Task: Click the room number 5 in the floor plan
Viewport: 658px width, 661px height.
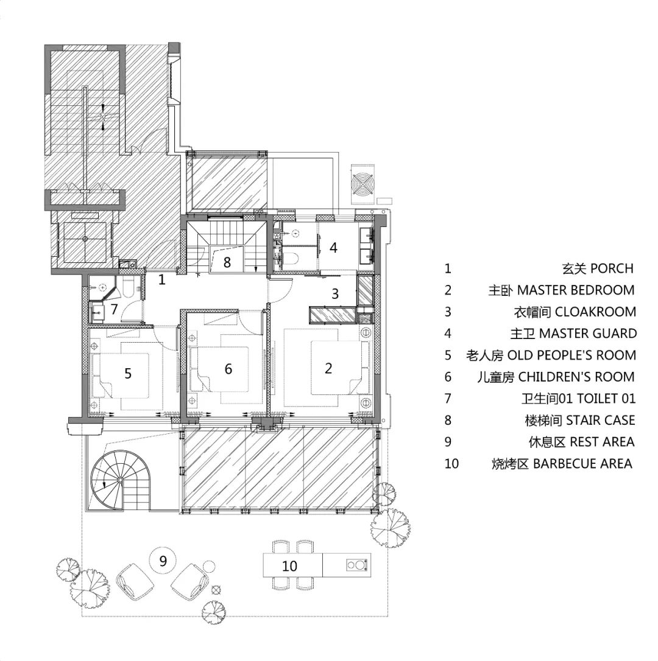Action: point(128,373)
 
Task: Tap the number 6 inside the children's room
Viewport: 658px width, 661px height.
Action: point(228,369)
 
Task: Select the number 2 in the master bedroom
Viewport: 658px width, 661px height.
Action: point(328,368)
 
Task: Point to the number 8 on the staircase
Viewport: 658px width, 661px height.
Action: point(227,262)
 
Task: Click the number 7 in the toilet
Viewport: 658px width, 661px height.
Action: point(114,309)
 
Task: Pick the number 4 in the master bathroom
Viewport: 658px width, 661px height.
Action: point(333,248)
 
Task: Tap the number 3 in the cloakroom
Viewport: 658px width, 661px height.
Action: point(335,293)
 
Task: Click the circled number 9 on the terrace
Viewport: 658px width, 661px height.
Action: point(163,561)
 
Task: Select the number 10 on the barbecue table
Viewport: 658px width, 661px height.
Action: point(289,565)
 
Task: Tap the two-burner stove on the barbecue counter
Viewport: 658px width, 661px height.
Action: point(357,564)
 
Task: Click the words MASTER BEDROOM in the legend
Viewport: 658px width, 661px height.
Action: point(576,290)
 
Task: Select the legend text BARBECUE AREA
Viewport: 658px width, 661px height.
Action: point(582,464)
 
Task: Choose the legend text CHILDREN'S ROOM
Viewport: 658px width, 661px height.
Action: point(576,377)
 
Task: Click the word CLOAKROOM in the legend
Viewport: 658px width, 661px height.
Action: point(595,312)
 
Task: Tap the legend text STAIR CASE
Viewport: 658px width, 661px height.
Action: point(600,421)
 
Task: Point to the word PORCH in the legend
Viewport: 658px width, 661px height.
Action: point(612,268)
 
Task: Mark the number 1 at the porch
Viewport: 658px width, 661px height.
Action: point(162,279)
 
